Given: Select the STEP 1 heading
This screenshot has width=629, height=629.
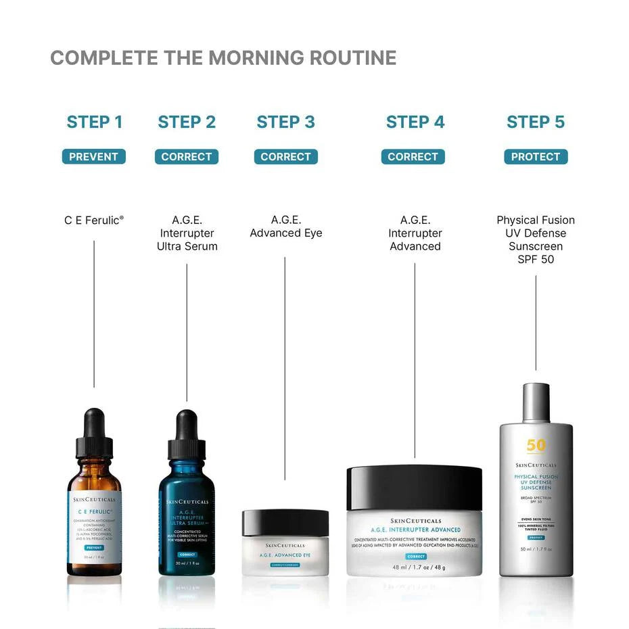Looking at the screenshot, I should coord(94,122).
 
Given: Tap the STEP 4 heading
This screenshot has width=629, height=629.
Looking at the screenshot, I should coord(415,122).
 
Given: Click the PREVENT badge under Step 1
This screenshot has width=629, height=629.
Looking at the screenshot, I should coord(93,157).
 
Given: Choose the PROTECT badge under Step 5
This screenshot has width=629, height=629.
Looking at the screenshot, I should coord(535,157).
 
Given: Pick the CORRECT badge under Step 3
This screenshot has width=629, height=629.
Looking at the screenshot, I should coord(285,157).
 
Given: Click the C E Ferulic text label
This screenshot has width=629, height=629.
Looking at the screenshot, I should coord(93,220).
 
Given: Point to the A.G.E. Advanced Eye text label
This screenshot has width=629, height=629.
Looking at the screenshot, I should coord(285,227).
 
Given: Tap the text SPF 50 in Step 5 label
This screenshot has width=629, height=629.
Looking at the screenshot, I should coord(535,259).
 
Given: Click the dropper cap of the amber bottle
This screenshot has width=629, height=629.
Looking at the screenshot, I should coord(94,433).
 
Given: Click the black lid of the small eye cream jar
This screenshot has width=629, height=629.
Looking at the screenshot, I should coord(285,523).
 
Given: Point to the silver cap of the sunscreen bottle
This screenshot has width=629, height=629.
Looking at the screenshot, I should coord(536,402).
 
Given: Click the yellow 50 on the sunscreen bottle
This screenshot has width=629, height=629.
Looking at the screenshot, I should coord(535,446).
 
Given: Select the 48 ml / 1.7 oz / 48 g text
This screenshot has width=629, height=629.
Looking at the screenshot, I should coord(414,567).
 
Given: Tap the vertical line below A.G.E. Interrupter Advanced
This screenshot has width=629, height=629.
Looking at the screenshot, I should coord(415,358).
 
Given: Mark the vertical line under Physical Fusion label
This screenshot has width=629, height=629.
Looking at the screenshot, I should coord(536,321).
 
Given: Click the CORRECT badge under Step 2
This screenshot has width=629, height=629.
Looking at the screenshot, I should coord(186,157).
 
